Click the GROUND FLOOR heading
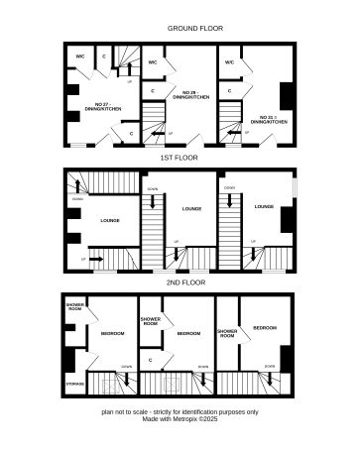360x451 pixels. coord(180,29)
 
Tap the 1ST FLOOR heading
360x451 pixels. coord(180,158)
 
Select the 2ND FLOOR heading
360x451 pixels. coord(180,283)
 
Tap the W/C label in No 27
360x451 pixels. coord(80,56)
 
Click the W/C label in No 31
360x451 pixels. coord(229,62)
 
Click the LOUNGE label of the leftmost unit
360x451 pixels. coord(109,219)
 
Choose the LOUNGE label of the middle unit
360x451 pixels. coord(191,208)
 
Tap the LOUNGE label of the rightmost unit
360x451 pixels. coord(264,206)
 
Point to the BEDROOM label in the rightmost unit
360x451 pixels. coord(264,327)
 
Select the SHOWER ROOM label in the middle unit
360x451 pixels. coord(151,321)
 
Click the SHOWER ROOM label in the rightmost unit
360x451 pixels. coord(226,333)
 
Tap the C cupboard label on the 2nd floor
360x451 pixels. coord(150,360)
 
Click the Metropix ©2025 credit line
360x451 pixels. coord(180,418)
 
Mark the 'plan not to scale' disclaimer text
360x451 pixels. coord(180,410)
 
